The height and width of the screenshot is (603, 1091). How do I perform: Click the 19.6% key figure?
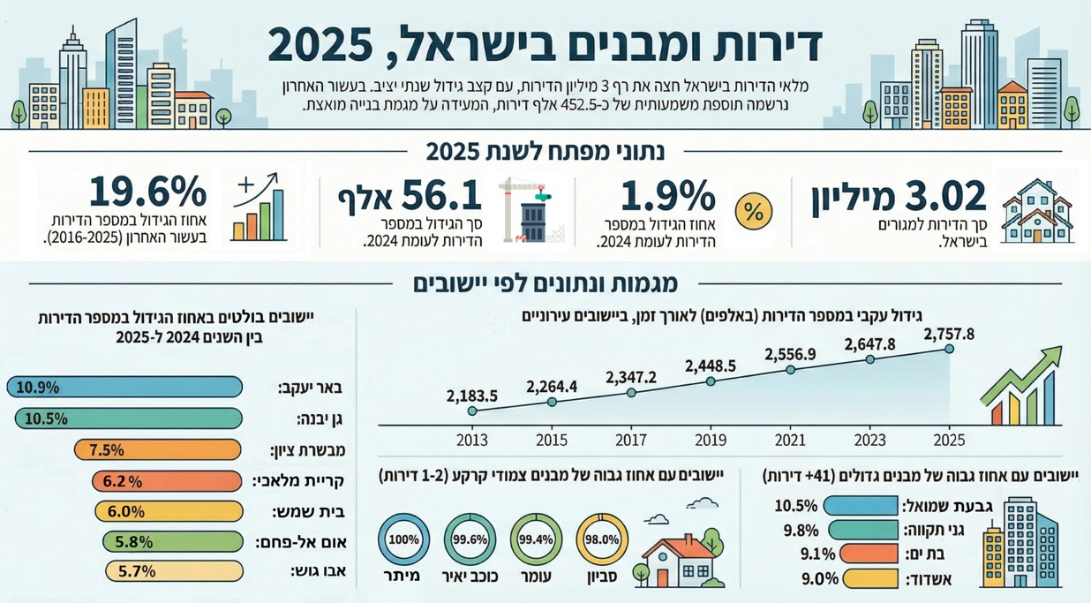click(x=147, y=192)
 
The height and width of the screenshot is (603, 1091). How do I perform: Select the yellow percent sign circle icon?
click(x=753, y=212)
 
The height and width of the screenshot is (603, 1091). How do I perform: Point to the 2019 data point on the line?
click(x=711, y=381)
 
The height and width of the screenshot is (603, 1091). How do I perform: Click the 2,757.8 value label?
click(x=949, y=333)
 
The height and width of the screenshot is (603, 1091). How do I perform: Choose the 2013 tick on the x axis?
click(x=472, y=439)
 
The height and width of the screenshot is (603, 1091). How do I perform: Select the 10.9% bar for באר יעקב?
click(x=124, y=387)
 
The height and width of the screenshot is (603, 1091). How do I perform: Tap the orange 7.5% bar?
click(x=158, y=449)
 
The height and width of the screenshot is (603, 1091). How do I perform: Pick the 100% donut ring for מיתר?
click(x=403, y=539)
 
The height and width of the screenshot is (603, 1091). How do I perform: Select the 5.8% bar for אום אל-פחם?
click(x=172, y=540)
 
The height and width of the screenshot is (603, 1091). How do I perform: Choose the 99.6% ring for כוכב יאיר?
click(x=470, y=539)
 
